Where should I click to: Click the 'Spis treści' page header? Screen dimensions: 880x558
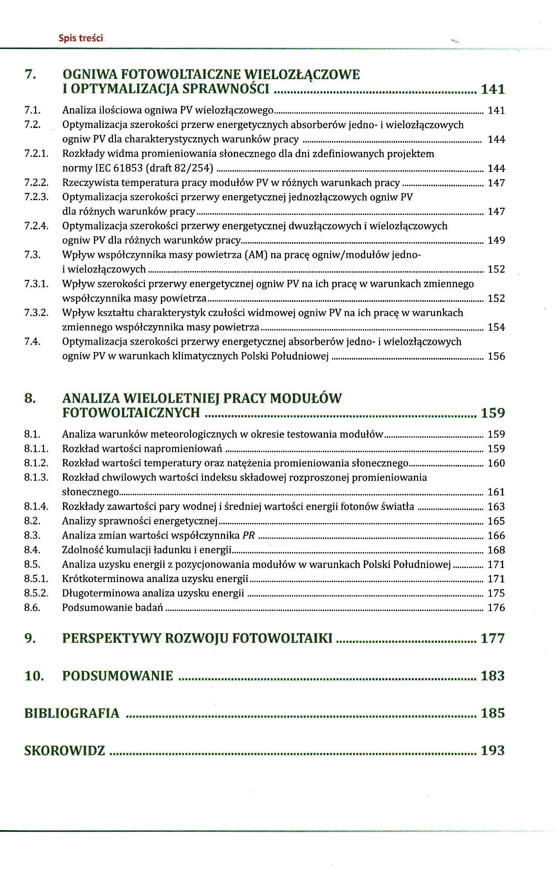coord(80,38)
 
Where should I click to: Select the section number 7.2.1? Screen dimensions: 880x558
coord(36,154)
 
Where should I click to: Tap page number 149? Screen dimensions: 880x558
coord(496,240)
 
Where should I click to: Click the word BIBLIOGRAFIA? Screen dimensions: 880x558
coord(72,713)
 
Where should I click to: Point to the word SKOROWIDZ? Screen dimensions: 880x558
coord(64,750)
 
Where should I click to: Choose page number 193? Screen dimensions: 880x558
coord(493,750)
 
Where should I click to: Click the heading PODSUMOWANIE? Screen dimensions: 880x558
coord(118,676)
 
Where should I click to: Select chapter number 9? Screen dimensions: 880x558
coord(30,638)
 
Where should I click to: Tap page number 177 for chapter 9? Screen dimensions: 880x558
coord(493,638)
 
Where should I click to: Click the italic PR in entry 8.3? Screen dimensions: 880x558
coord(249,535)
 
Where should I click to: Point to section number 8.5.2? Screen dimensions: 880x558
coord(36,593)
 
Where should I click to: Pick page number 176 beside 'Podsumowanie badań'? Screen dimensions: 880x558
coord(496,607)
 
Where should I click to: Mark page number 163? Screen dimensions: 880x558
coord(496,507)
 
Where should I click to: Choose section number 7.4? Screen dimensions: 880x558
coord(32,342)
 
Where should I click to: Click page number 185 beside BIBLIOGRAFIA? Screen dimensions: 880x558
coord(493,713)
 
